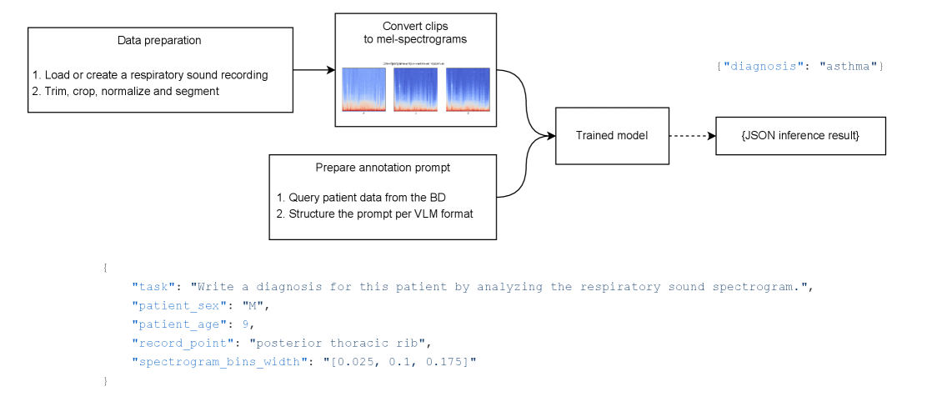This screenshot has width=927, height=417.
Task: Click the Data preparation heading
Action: click(x=159, y=40)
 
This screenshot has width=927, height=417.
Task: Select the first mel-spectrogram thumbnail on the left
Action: click(x=363, y=89)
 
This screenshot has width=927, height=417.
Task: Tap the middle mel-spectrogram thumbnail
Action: click(x=415, y=89)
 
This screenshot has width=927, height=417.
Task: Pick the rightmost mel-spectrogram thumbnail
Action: click(x=468, y=89)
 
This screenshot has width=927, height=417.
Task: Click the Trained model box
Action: click(x=612, y=135)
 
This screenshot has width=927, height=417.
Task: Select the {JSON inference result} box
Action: click(x=800, y=135)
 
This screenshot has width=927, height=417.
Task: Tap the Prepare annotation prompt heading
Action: click(x=383, y=168)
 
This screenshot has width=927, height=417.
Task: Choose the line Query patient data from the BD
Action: click(x=367, y=198)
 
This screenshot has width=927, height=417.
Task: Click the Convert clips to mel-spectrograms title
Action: click(x=415, y=33)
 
